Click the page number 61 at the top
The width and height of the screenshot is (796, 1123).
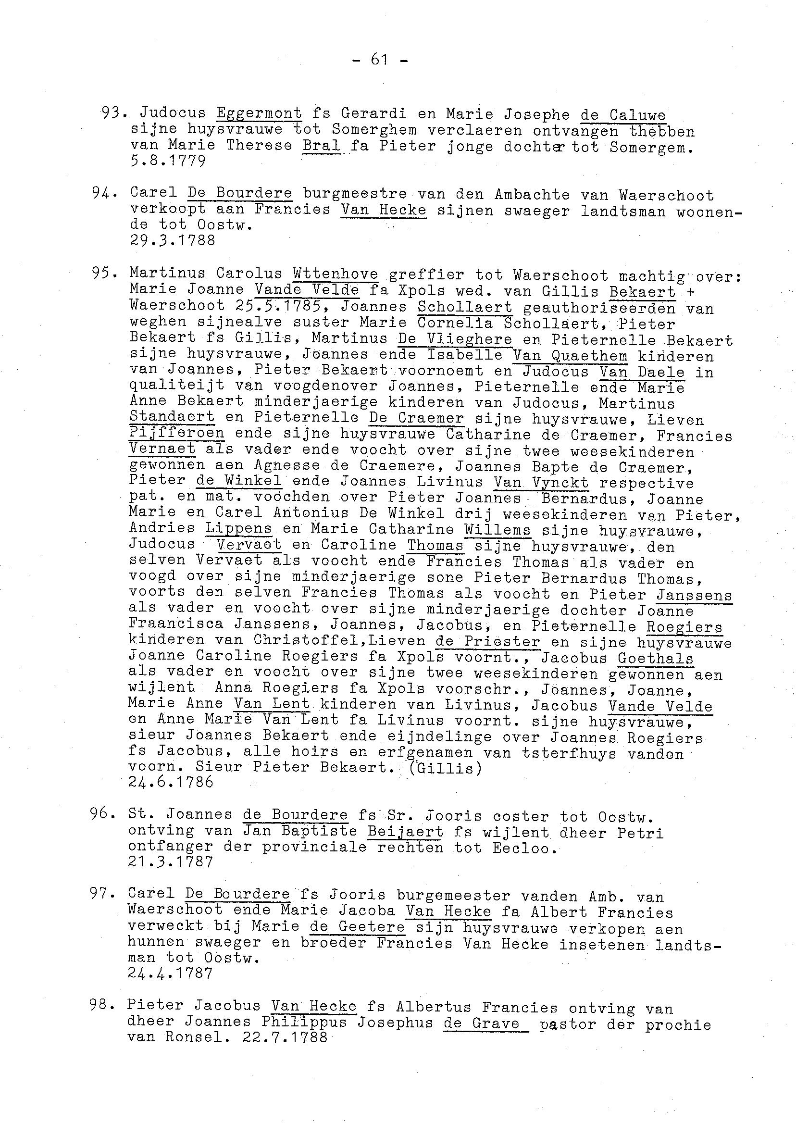380,60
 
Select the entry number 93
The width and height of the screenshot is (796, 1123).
112,113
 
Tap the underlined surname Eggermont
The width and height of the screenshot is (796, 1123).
259,113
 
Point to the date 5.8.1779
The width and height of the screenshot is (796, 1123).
168,161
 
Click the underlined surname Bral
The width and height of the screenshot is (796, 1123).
322,146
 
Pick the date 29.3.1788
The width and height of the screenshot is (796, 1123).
173,240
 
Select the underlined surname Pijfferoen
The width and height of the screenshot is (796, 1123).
177,433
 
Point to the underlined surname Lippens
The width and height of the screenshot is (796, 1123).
238,529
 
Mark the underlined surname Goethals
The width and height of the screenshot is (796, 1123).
655,658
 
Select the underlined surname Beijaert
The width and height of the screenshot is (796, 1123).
405,832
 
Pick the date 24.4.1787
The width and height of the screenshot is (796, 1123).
170,973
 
